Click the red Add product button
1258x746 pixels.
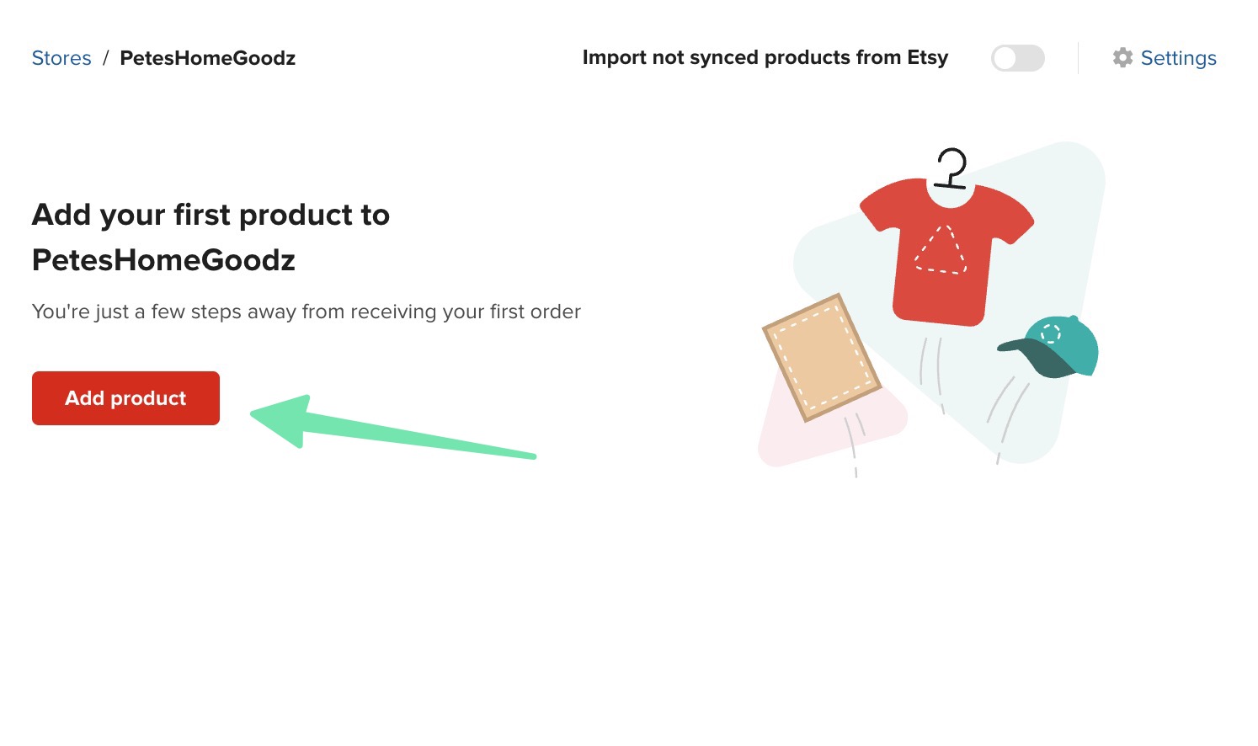pyautogui.click(x=125, y=398)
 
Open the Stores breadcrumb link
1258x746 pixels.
pyautogui.click(x=61, y=58)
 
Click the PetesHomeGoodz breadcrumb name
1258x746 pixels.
pyautogui.click(x=207, y=58)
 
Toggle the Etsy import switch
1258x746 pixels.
pyautogui.click(x=1017, y=58)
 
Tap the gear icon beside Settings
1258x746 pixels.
pyautogui.click(x=1122, y=57)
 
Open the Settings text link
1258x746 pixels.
pyautogui.click(x=1178, y=58)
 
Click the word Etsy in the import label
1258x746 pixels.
pyautogui.click(x=927, y=57)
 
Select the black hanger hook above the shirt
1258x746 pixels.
pyautogui.click(x=951, y=167)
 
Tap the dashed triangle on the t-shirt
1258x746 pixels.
pyautogui.click(x=941, y=250)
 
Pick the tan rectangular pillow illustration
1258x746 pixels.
pyautogui.click(x=821, y=357)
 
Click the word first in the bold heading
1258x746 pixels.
pyautogui.click(x=202, y=215)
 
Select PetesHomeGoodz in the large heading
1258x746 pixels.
pyautogui.click(x=163, y=260)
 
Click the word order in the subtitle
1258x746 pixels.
pyautogui.click(x=556, y=312)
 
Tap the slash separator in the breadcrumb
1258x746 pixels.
pyautogui.click(x=106, y=58)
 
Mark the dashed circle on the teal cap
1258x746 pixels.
pyautogui.click(x=1050, y=333)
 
